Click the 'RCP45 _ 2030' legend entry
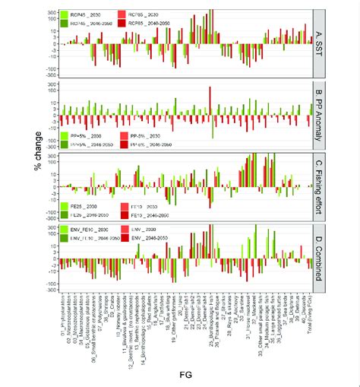[82, 14]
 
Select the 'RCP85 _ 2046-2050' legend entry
[146, 24]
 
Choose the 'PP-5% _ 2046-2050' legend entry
[147, 143]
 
